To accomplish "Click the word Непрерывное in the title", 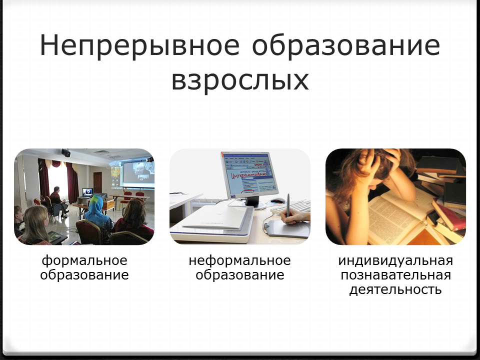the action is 139,45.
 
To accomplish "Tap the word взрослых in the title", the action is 240,80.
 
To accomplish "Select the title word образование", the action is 346,46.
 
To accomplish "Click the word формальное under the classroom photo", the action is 84,261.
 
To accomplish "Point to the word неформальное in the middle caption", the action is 239,261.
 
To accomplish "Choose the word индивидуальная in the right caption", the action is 395,261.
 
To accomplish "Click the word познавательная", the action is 395,275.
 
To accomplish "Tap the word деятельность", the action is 395,289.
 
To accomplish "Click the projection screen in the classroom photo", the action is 138,173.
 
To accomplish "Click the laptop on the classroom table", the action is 87,192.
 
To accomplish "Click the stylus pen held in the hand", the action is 288,208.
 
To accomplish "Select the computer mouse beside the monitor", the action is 278,200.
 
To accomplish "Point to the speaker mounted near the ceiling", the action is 66,152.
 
